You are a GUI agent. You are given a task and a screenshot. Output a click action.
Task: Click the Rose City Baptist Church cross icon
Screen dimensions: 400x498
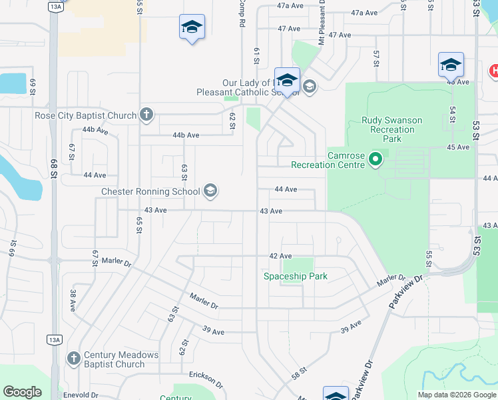[x=146, y=115]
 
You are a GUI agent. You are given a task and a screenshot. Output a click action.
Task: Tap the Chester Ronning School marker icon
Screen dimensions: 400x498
[x=210, y=192]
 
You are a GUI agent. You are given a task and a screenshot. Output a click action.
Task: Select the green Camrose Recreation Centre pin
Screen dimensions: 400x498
[x=375, y=159]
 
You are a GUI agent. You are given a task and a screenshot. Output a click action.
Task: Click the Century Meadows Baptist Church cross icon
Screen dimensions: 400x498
[x=74, y=359]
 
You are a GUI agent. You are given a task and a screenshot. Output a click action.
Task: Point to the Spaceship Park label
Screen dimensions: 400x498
[x=295, y=276]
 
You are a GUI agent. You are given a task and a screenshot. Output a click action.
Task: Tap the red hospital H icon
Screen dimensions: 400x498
[x=494, y=70]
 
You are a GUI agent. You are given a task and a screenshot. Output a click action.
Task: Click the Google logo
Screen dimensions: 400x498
[x=22, y=392]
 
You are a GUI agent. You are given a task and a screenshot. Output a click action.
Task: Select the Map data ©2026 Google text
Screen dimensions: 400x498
[x=456, y=395]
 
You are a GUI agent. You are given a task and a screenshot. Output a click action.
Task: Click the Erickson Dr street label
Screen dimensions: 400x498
[x=206, y=379]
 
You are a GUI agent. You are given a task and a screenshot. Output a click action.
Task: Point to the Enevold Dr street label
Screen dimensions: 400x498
[x=81, y=395]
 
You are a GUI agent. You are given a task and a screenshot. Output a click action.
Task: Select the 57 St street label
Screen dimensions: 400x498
[x=376, y=57]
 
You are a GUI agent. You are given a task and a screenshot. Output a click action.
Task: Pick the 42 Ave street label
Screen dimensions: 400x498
[x=280, y=256]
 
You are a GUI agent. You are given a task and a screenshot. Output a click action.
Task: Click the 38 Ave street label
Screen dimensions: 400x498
[x=73, y=301]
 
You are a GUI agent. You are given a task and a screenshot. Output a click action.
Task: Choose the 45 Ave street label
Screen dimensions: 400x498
[x=458, y=147]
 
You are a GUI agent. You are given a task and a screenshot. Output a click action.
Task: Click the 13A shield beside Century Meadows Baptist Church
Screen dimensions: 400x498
[x=55, y=340]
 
